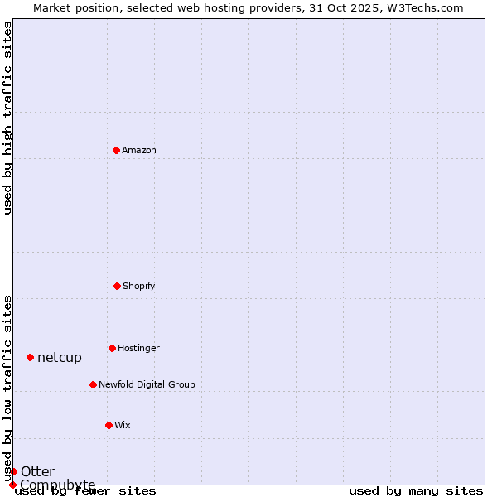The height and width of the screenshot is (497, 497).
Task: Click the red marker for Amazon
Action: click(x=116, y=150)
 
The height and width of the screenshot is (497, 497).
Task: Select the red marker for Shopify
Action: click(x=117, y=286)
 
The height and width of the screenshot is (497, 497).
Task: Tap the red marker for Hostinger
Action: click(x=112, y=348)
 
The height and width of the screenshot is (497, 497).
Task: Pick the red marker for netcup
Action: click(x=30, y=357)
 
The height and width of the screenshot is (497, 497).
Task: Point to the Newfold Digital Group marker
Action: click(x=93, y=384)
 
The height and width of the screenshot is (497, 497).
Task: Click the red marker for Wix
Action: click(x=109, y=425)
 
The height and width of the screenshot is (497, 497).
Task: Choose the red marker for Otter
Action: click(x=13, y=471)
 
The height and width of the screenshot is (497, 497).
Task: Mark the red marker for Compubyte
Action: click(x=12, y=485)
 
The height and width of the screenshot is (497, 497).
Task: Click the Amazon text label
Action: click(x=139, y=151)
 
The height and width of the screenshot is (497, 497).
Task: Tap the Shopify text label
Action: click(x=139, y=287)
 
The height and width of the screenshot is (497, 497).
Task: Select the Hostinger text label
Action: click(x=138, y=349)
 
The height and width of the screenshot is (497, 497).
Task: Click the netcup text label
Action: click(x=60, y=358)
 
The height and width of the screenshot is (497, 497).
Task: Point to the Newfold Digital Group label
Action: click(x=147, y=385)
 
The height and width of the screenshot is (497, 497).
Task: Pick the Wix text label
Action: click(x=123, y=426)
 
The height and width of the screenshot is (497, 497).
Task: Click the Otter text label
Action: click(x=37, y=472)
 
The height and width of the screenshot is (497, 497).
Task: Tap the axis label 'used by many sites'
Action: click(x=416, y=491)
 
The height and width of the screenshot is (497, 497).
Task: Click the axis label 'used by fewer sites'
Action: click(x=85, y=491)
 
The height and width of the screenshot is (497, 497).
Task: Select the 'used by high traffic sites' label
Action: click(x=7, y=118)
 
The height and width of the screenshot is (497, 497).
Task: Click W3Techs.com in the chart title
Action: click(x=420, y=7)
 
